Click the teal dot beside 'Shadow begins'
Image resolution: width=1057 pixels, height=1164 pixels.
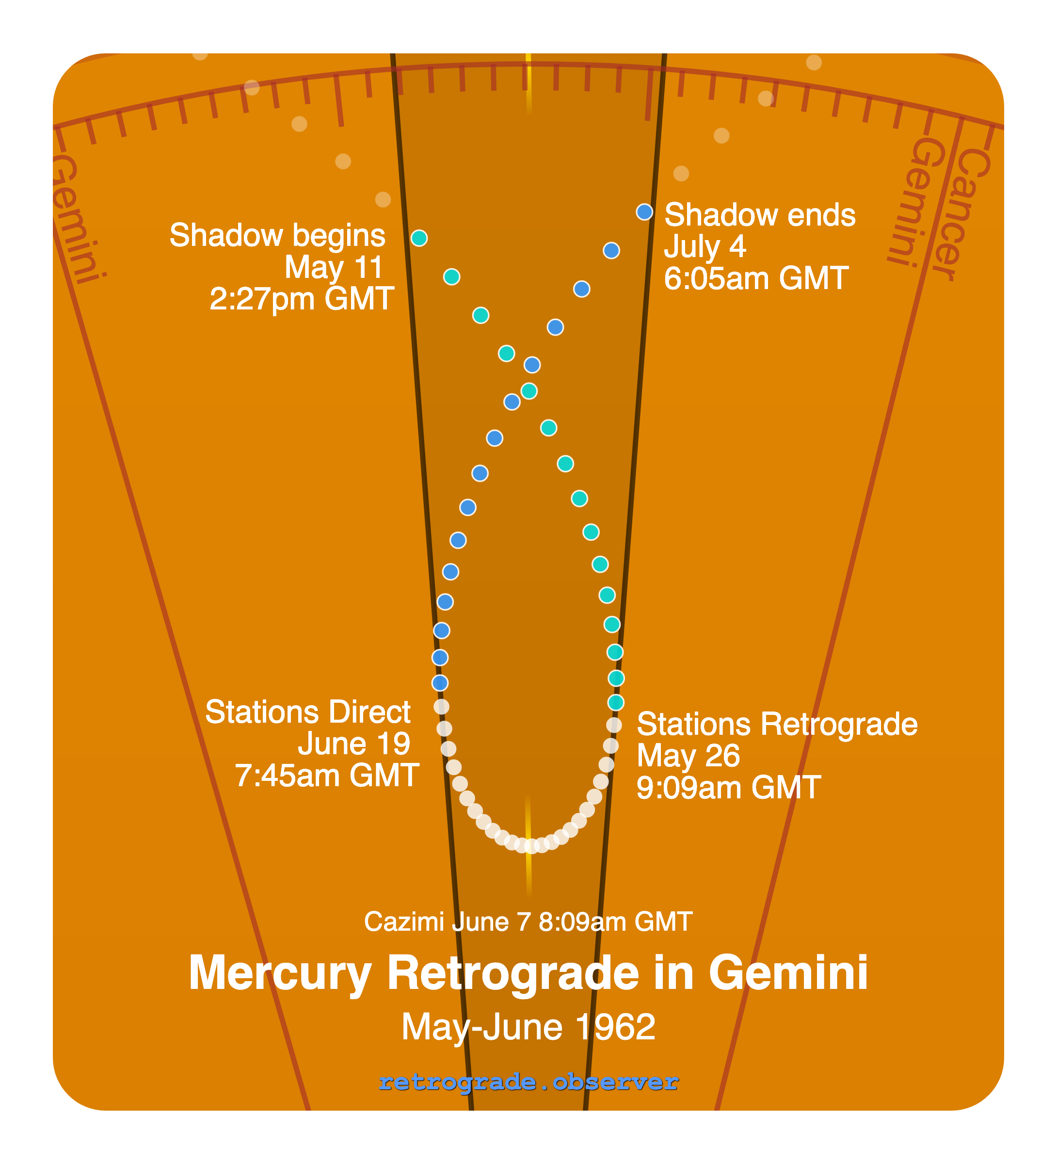point(419,238)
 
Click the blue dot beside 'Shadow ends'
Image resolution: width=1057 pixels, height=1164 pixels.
point(644,212)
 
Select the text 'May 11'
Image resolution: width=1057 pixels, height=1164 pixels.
point(334,267)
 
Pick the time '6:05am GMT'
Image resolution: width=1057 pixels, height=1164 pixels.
point(756,278)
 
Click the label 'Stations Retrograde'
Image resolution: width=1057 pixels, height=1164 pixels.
point(777,724)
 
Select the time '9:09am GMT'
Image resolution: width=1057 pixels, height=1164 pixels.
point(729,788)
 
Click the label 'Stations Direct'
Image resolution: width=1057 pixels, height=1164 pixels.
point(308,712)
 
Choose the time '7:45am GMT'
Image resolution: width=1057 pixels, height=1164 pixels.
point(327,776)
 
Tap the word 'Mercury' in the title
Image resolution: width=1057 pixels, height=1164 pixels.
point(280,973)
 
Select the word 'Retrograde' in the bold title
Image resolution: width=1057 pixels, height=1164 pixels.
point(513,973)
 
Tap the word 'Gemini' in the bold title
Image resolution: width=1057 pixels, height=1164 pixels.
point(788,973)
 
